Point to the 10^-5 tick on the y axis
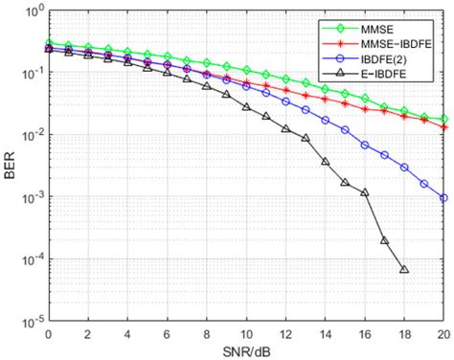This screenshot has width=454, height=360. pos(30,322)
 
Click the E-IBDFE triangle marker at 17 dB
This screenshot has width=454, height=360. pos(384,240)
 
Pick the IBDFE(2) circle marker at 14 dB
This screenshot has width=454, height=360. pos(325,121)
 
